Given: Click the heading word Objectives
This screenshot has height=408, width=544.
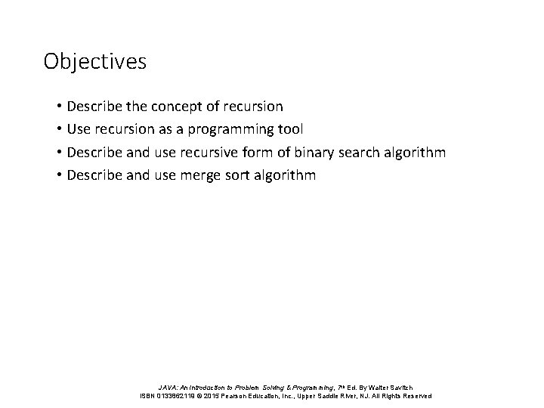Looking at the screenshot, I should tap(94, 61).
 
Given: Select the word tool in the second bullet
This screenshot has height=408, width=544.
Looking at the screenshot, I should tap(290, 129).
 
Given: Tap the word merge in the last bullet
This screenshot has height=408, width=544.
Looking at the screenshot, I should tap(198, 176).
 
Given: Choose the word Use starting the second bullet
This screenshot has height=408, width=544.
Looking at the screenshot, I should tap(79, 130).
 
